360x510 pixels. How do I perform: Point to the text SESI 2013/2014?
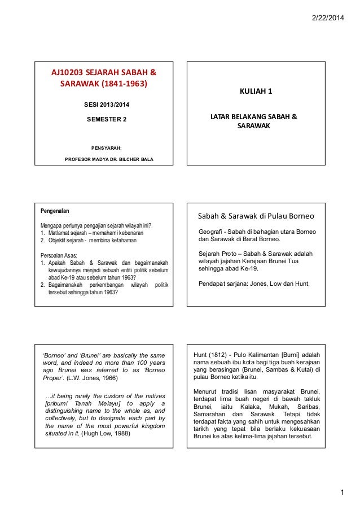[106, 104]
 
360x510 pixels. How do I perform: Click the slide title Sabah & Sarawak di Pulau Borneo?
[255, 216]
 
